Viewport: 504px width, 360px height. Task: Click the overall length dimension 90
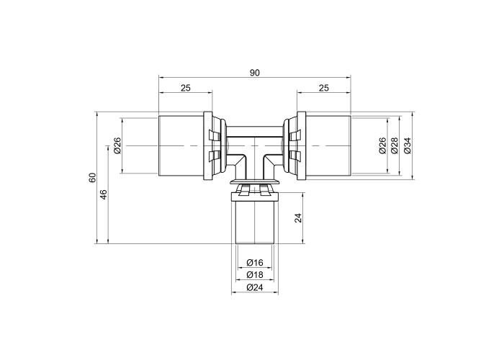[255, 73]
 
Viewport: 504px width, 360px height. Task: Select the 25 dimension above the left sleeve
[186, 88]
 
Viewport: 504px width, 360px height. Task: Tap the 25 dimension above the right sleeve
[324, 88]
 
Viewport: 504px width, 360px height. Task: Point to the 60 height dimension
[93, 178]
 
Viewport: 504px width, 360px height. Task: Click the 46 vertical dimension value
[104, 194]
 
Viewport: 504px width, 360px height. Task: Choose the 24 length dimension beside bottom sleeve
[299, 218]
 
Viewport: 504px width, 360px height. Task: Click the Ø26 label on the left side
[117, 145]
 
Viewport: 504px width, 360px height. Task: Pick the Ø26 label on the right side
[382, 145]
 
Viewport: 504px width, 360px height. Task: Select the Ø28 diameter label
[395, 145]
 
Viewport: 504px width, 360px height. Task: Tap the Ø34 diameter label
[408, 145]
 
